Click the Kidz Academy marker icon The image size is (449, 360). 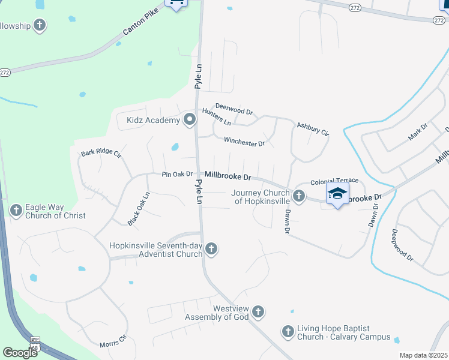[190, 120]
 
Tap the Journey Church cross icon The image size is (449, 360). [298, 196]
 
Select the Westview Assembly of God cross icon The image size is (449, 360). [258, 311]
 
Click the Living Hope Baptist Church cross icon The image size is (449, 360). [288, 331]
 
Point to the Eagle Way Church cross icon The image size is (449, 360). [16, 210]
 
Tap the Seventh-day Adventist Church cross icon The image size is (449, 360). [211, 248]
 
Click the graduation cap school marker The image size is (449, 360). [337, 194]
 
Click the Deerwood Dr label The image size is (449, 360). [234, 109]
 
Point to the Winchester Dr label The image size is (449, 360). [244, 142]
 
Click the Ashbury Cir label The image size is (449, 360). [313, 128]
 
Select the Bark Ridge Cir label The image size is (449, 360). [101, 154]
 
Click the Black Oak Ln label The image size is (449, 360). [138, 209]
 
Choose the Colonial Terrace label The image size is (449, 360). [334, 181]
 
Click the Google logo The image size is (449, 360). [20, 353]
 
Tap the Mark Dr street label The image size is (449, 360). [417, 131]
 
